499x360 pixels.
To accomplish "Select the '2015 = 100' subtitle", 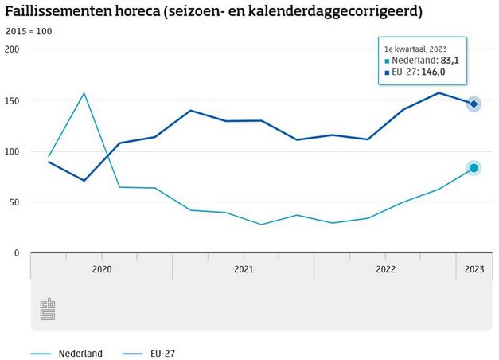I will coord(29,33).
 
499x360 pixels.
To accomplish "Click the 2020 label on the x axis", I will coord(102,270).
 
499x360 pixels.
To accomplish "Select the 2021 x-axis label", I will coord(244,270).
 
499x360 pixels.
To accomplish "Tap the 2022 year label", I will coord(385,270).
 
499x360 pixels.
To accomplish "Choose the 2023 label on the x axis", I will coord(474,270).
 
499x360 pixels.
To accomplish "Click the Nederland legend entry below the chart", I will coord(80,353).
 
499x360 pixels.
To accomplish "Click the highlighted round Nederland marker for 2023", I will coord(474,168).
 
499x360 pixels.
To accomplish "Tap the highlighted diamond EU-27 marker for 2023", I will coord(474,104).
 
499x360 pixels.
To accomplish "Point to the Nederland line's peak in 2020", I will coord(84,93).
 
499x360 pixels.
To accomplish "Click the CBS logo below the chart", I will coord(48,310).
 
